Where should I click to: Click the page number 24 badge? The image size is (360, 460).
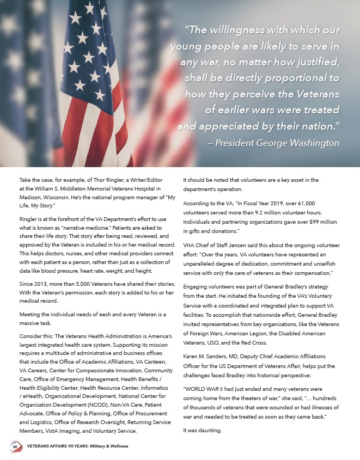tap(15, 446)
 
